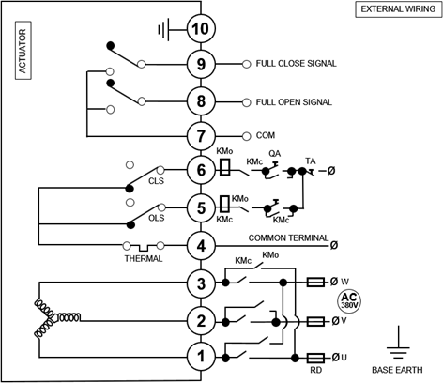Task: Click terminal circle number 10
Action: coord(201,29)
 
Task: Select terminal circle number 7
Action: coord(201,136)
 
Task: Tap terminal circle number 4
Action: coord(201,246)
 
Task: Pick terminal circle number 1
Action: coord(201,356)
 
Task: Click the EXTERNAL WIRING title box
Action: coord(399,9)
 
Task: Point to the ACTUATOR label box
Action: coord(23,51)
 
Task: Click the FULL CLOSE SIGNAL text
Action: coord(297,64)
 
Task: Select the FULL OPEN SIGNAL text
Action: coord(294,102)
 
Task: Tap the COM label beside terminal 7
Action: coord(266,135)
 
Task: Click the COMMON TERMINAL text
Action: coord(288,238)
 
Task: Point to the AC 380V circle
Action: coord(349,301)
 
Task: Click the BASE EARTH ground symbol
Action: coord(398,343)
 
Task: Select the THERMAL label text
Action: coord(144,259)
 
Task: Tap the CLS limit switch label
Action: coord(156,181)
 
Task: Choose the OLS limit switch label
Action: coord(157,218)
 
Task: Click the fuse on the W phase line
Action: coord(315,283)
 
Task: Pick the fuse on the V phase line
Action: coord(315,321)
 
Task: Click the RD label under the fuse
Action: coord(316,370)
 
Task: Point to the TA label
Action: coord(311,161)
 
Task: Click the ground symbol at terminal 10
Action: coord(164,30)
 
